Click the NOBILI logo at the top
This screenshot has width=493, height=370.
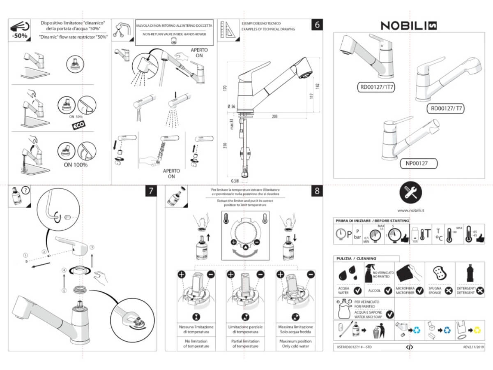click(x=408, y=25)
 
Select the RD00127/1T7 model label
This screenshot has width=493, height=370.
click(x=376, y=87)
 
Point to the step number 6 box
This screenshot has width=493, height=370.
click(x=317, y=24)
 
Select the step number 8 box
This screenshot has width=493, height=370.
click(x=317, y=191)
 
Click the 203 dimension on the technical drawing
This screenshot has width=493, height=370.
click(x=274, y=116)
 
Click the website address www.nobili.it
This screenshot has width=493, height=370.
click(x=411, y=210)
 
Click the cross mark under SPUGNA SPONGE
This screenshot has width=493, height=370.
click(x=449, y=291)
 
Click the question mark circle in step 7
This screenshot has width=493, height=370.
click(x=25, y=190)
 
